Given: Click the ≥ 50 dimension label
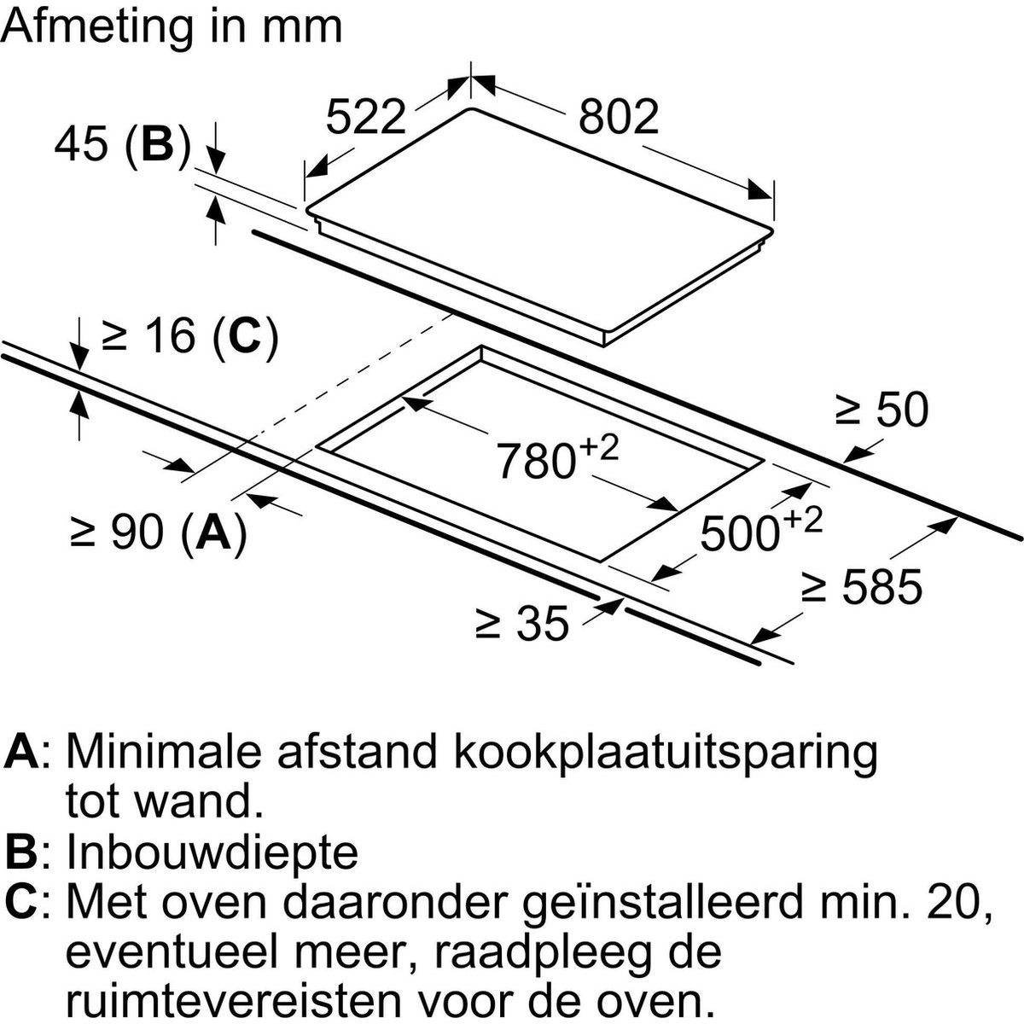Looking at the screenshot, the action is (881, 410).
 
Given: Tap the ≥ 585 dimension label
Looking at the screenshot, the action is (862, 586).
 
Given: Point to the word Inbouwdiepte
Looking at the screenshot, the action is (212, 852).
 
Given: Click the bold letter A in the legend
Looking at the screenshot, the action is (22, 752).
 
